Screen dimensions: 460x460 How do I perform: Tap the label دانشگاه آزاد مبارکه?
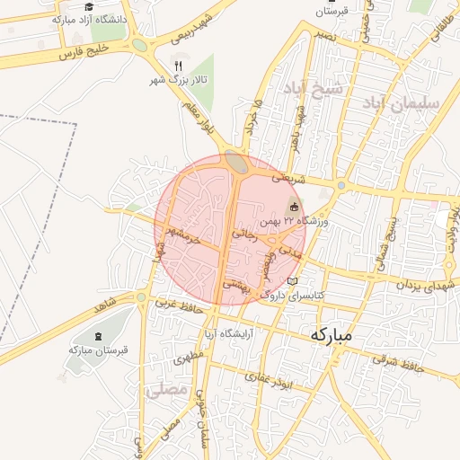[x=89, y=18]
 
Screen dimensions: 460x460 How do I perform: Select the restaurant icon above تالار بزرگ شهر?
[x=178, y=66]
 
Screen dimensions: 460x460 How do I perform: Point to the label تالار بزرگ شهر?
[x=178, y=81]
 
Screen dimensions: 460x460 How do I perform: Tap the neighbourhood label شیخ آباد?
[x=314, y=89]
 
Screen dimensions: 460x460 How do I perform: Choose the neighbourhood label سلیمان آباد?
[x=402, y=103]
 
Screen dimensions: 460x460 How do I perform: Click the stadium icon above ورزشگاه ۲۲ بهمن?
[x=294, y=207]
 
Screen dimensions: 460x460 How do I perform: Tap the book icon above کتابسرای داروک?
[x=291, y=281]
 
